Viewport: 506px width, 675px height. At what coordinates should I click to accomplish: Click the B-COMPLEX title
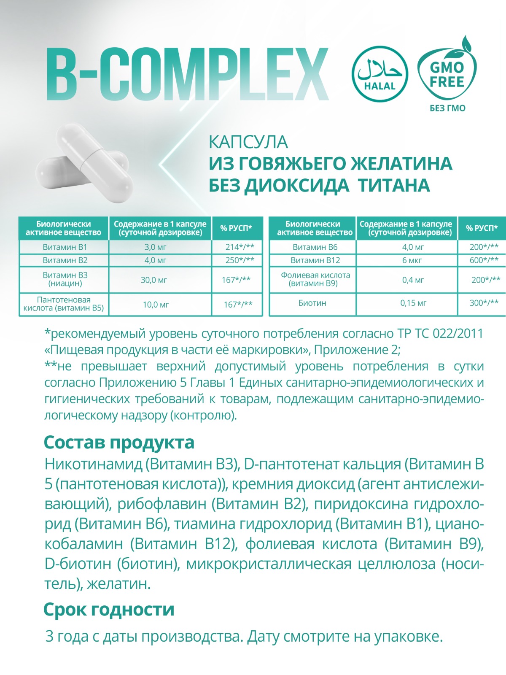(x=188, y=74)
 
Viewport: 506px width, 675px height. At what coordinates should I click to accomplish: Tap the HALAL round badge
(x=379, y=74)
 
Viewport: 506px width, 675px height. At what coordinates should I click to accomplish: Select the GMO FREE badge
(x=447, y=73)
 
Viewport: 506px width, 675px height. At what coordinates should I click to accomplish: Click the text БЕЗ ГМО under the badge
(x=447, y=108)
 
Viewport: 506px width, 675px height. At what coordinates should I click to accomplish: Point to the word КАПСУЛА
(x=248, y=142)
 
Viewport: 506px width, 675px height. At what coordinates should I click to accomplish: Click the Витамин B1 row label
(x=65, y=247)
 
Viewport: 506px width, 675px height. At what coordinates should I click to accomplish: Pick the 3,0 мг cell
(x=156, y=247)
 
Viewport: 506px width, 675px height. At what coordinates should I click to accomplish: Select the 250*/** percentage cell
(x=240, y=260)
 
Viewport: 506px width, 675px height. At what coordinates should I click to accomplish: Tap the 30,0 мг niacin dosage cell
(x=154, y=280)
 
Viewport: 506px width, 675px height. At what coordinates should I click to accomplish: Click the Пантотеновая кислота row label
(x=64, y=304)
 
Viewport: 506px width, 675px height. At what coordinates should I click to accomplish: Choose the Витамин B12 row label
(x=315, y=260)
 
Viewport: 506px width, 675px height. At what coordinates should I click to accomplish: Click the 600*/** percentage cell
(x=484, y=260)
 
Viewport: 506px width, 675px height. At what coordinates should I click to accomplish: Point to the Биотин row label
(x=312, y=303)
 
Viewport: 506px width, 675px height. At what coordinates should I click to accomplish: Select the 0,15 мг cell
(x=413, y=303)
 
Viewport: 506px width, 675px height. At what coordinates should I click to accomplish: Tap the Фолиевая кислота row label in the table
(x=315, y=279)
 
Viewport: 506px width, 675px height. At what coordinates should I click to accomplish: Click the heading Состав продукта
(x=119, y=443)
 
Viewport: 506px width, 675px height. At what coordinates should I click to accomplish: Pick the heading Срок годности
(x=109, y=610)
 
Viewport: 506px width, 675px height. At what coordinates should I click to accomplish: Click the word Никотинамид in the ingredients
(x=93, y=464)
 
